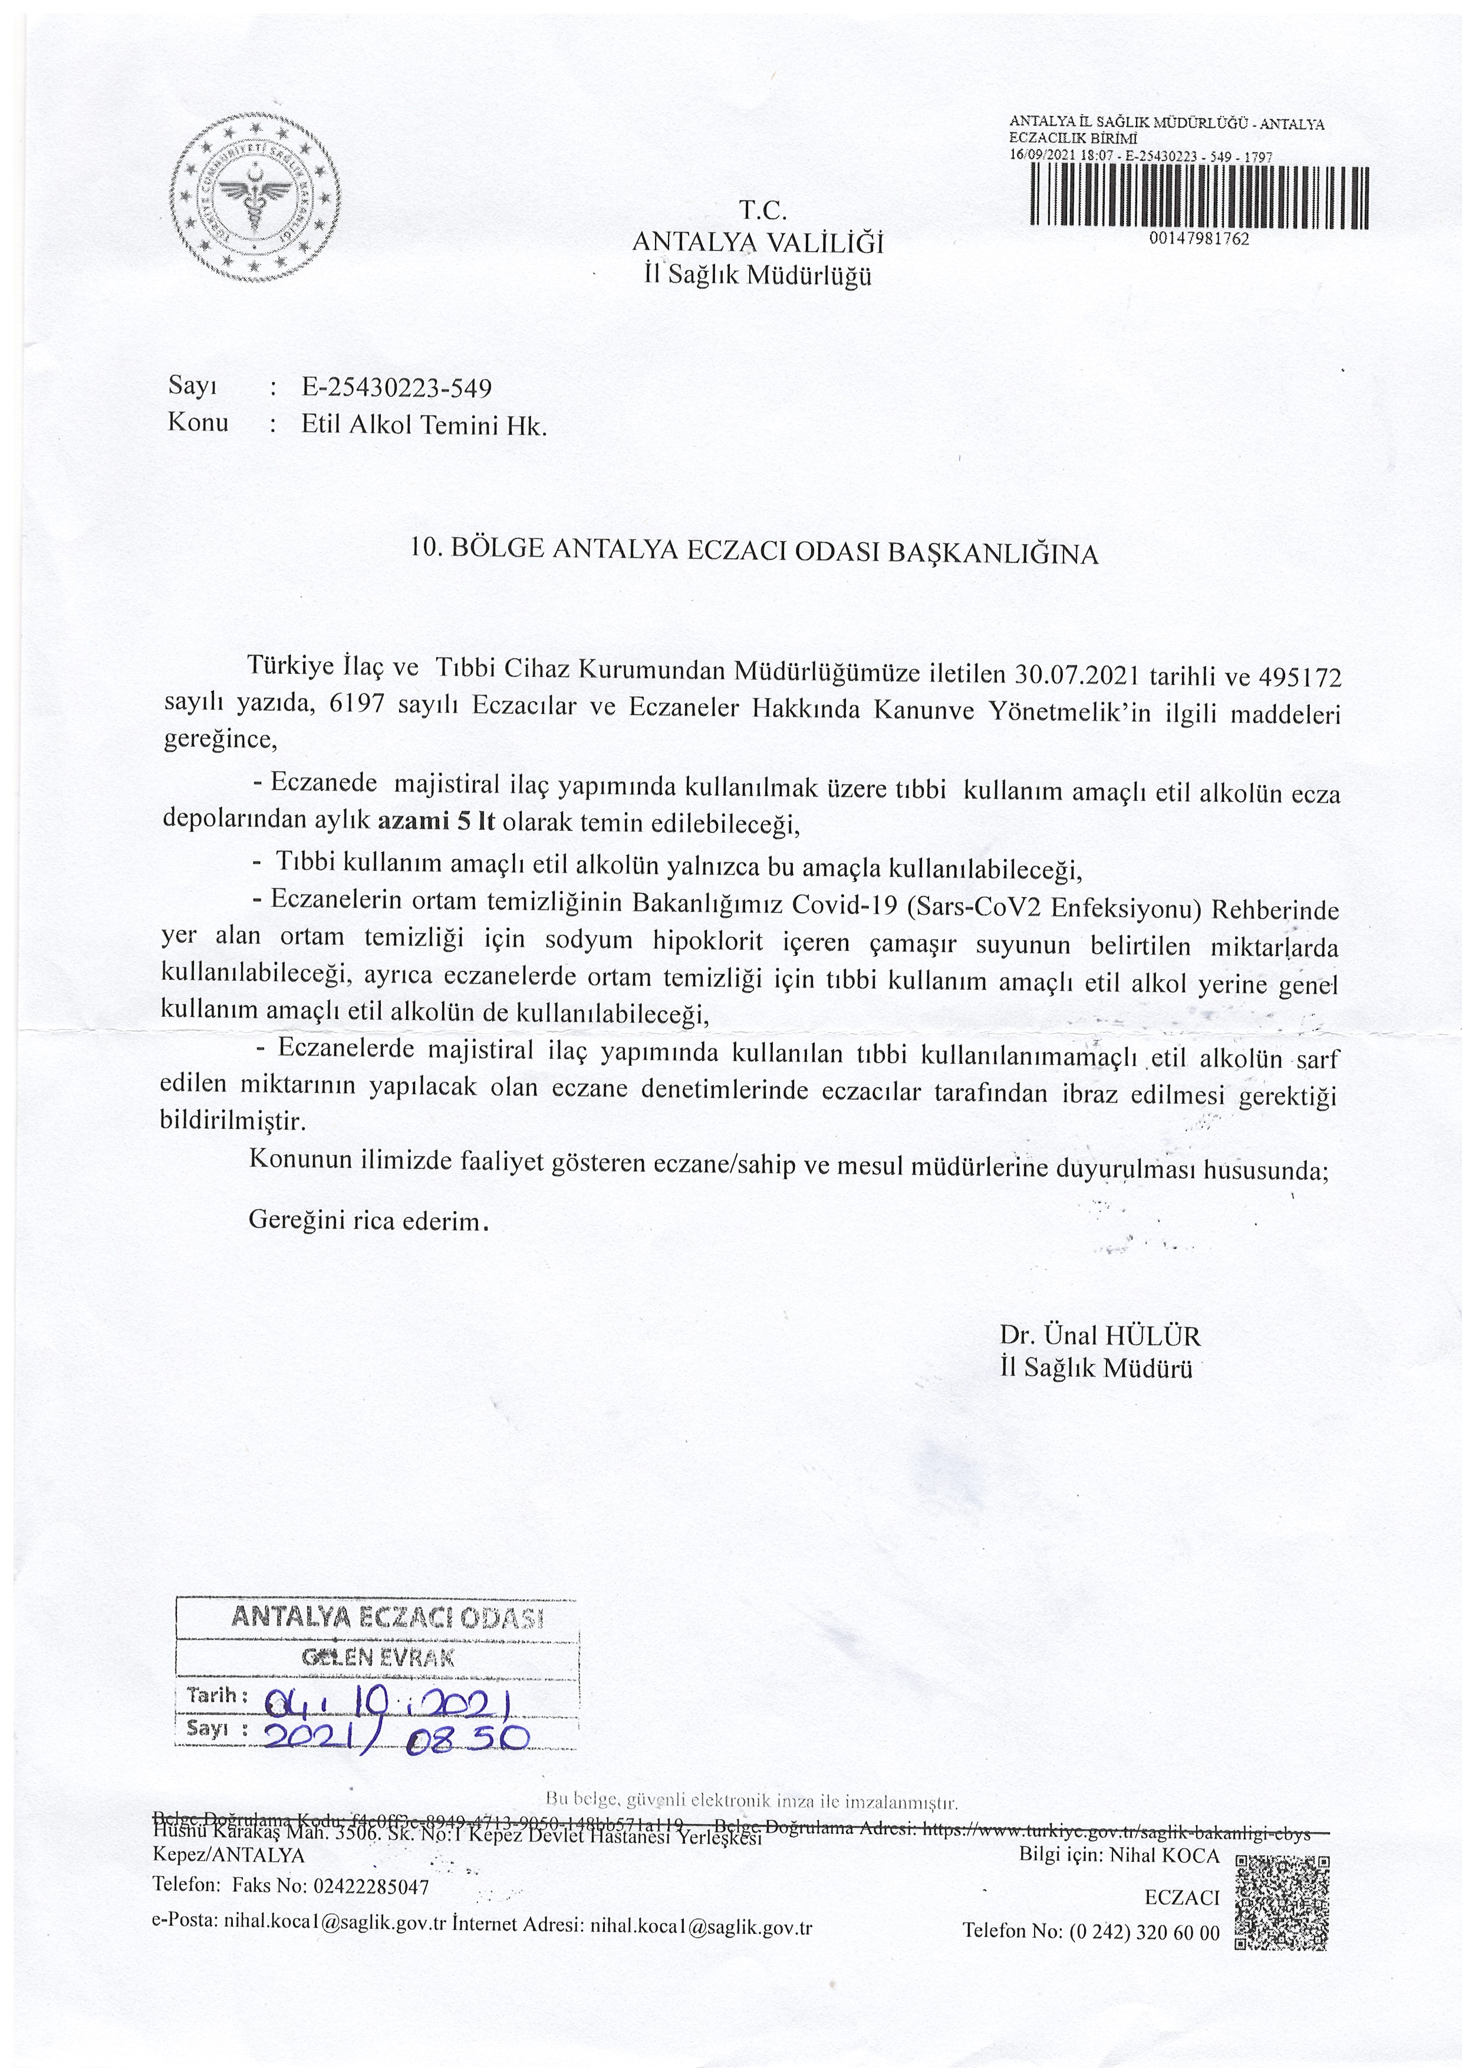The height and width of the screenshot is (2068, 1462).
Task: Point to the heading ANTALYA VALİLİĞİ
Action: [758, 243]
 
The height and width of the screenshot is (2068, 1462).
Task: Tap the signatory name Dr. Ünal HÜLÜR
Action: [1099, 1336]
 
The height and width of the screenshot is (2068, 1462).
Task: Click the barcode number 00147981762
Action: [1200, 239]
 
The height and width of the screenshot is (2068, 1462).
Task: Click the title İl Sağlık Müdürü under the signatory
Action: [1095, 1368]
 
